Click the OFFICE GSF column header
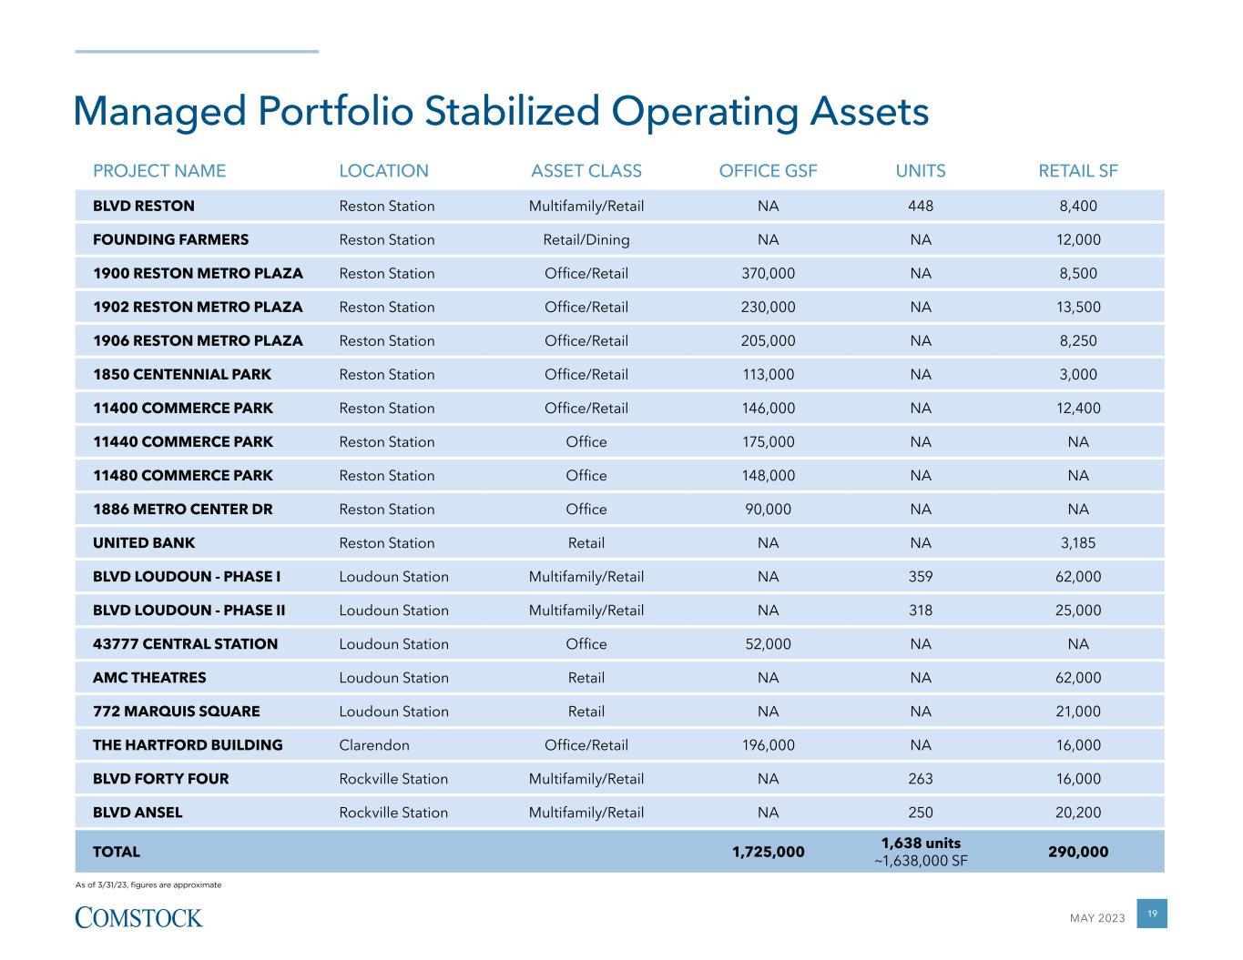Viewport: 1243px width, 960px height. point(768,171)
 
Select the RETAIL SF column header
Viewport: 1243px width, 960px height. point(1078,171)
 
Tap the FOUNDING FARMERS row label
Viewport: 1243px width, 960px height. point(170,240)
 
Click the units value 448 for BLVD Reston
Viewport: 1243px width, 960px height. point(921,207)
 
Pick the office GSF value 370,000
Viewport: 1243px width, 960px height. point(768,274)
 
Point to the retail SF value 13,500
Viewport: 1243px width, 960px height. point(1078,308)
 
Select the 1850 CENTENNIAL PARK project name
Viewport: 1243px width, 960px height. point(182,375)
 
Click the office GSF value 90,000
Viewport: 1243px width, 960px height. point(768,510)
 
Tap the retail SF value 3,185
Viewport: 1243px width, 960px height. point(1078,543)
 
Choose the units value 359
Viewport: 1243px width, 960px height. point(921,577)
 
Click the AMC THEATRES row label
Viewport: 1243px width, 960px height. point(149,678)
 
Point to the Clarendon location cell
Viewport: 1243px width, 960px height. point(374,745)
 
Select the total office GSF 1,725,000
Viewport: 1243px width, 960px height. point(768,853)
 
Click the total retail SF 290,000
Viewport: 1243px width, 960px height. point(1078,853)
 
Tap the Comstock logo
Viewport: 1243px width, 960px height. point(138,916)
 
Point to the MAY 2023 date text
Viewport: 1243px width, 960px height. point(1097,918)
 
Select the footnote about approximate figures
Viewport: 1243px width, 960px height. point(148,884)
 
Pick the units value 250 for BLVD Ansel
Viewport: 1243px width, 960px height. point(921,813)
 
